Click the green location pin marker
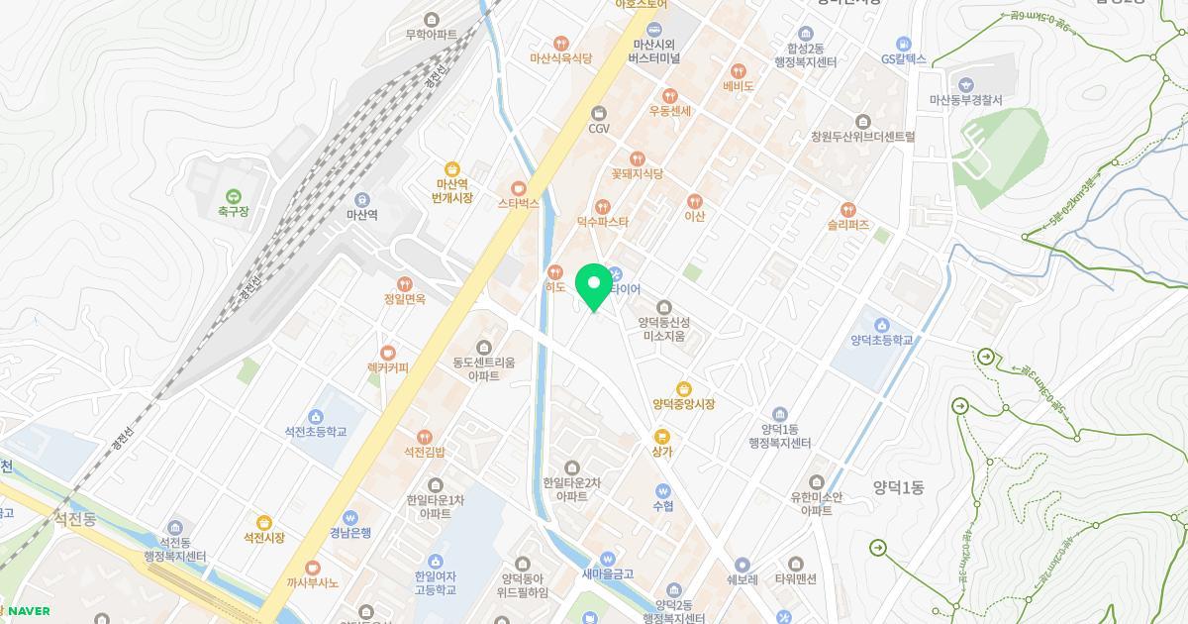tap(594, 285)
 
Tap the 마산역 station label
tap(361, 214)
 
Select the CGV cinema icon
tap(598, 114)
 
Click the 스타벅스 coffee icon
tap(518, 188)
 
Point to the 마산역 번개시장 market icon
tap(452, 169)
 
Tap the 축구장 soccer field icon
tap(234, 196)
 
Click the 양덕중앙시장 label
tap(683, 404)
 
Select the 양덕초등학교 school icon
tap(881, 324)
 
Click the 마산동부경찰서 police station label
tap(965, 100)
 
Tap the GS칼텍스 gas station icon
tap(903, 44)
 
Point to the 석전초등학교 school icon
tap(316, 416)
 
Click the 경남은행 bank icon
tap(349, 517)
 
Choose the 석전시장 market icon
tap(263, 523)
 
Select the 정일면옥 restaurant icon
tap(404, 284)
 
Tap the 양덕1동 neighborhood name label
tap(898, 486)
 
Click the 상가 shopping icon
tap(662, 436)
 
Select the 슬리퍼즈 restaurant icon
tap(847, 210)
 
